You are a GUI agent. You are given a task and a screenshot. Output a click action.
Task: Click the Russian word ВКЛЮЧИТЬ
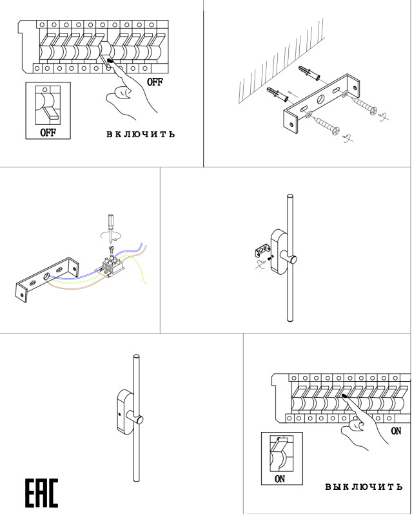click(140, 135)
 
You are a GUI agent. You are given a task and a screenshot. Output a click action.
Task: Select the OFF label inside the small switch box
click(48, 133)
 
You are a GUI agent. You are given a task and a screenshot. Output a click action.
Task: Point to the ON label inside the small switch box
click(280, 479)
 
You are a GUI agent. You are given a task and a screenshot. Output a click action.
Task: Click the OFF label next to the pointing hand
click(155, 82)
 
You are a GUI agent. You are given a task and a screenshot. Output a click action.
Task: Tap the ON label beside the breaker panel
click(396, 431)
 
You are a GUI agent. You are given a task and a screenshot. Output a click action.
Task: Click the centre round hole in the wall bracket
click(320, 100)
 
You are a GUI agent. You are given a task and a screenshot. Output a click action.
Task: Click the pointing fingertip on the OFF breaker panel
click(110, 62)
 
